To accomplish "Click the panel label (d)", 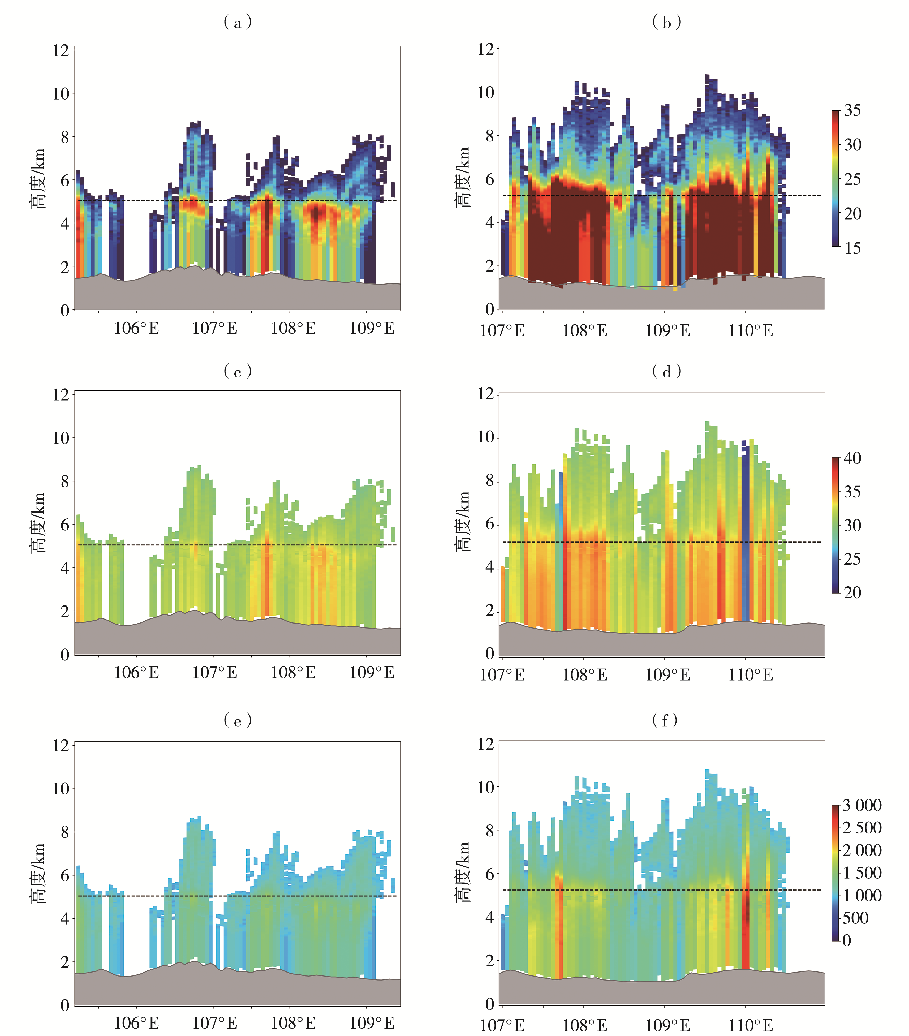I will [x=666, y=372].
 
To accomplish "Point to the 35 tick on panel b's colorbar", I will [x=852, y=110].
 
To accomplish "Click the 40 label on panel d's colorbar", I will [x=852, y=458].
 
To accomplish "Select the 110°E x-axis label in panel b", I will [x=750, y=331].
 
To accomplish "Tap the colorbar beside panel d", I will [x=835, y=525].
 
